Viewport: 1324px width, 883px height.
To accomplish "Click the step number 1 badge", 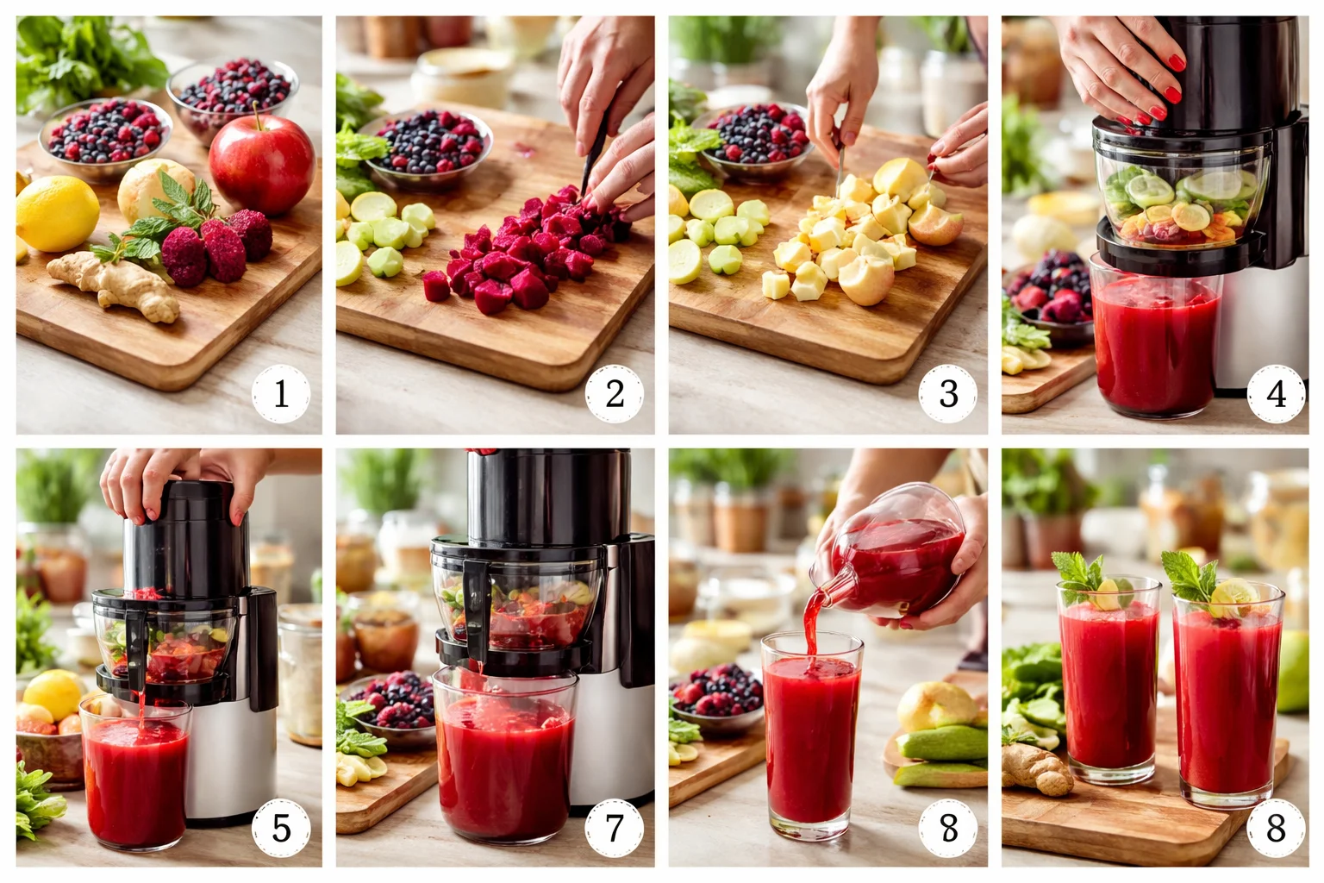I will [x=281, y=394].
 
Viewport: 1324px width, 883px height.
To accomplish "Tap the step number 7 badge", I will [x=614, y=828].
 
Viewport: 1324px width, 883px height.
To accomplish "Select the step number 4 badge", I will [x=1276, y=394].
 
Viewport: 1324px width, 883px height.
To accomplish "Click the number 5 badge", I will [x=281, y=828].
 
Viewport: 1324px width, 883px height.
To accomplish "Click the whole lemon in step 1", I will [x=57, y=213].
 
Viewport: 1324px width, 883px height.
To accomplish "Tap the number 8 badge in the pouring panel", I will [x=947, y=828].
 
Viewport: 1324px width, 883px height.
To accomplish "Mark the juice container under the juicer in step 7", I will [x=504, y=755].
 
